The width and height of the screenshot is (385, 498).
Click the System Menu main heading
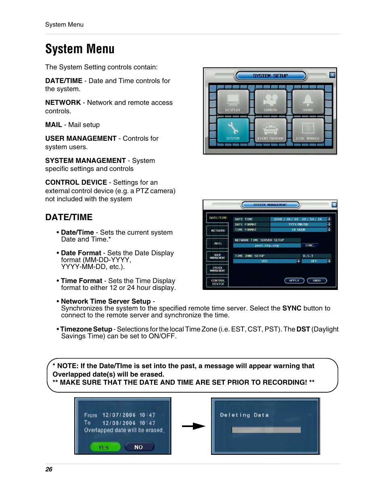tap(80, 49)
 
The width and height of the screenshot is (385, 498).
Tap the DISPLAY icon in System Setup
tap(233, 102)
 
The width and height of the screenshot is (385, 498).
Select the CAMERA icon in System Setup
tap(270, 102)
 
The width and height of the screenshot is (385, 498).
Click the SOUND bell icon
tap(308, 102)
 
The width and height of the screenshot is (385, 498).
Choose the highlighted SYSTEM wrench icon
tap(233, 130)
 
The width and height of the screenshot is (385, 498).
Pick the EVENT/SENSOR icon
tap(270, 130)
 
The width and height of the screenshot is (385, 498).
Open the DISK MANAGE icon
tap(308, 130)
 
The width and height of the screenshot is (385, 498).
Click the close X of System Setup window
tap(332, 75)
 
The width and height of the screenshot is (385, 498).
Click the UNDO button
tap(317, 281)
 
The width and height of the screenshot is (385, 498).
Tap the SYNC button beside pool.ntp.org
tap(310, 245)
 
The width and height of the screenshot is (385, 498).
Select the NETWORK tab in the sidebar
tap(218, 231)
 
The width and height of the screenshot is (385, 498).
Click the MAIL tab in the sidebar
tap(218, 244)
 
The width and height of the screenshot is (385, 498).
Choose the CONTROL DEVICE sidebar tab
tap(218, 282)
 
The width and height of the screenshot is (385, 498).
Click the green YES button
tap(105, 447)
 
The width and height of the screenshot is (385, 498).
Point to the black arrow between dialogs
tap(193, 426)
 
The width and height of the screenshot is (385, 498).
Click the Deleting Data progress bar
tap(266, 430)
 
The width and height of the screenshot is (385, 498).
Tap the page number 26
tap(49, 469)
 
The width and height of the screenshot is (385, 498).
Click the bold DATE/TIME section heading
tap(69, 217)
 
